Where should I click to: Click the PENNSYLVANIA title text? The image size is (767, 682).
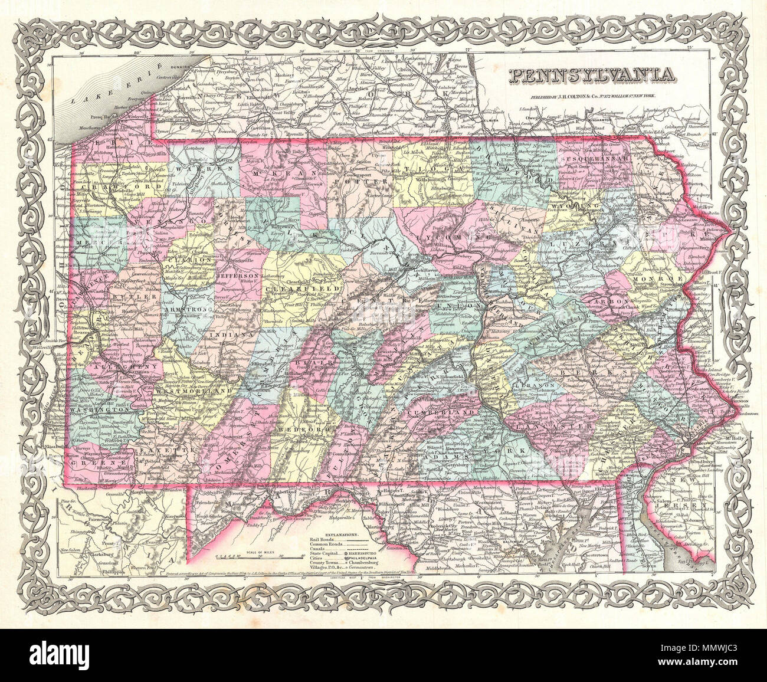[x=589, y=74]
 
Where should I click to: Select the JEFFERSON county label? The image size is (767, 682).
[x=238, y=276]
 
